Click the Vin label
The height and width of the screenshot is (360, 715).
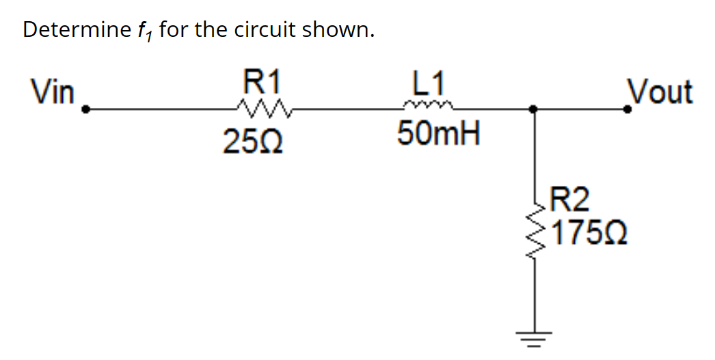pos(52,92)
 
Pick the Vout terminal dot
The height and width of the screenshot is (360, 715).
pos(633,108)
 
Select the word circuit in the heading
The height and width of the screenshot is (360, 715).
pos(265,30)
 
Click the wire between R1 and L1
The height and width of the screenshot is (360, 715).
pos(342,108)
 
